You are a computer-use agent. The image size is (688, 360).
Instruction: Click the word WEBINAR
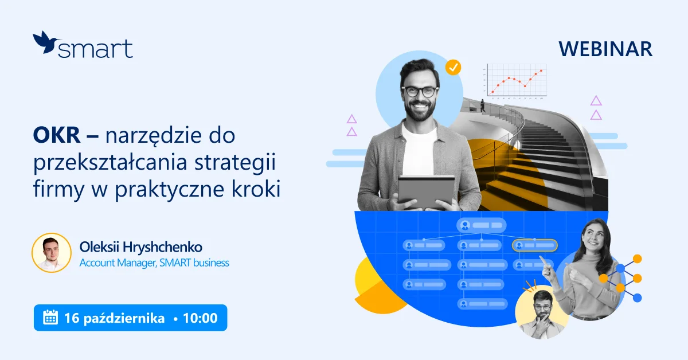click(605, 49)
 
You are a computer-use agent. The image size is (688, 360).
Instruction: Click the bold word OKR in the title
click(57, 135)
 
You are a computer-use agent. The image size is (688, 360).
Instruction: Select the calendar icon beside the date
click(50, 318)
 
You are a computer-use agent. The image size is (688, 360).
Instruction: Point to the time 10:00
click(200, 318)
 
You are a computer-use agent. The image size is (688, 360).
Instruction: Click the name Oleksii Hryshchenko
click(141, 247)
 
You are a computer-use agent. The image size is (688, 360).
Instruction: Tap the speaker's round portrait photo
click(52, 252)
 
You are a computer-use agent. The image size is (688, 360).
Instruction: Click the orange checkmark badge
click(453, 67)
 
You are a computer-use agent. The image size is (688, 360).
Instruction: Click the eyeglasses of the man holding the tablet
click(420, 92)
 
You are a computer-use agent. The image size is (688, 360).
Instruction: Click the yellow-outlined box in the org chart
click(535, 245)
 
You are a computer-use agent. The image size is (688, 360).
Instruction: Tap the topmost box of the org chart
click(481, 225)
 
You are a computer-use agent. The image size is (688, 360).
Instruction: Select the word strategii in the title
click(235, 162)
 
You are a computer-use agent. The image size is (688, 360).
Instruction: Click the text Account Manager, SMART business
click(154, 263)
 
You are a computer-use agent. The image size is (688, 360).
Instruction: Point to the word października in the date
click(124, 318)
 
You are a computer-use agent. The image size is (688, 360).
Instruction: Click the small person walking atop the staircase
click(483, 105)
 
